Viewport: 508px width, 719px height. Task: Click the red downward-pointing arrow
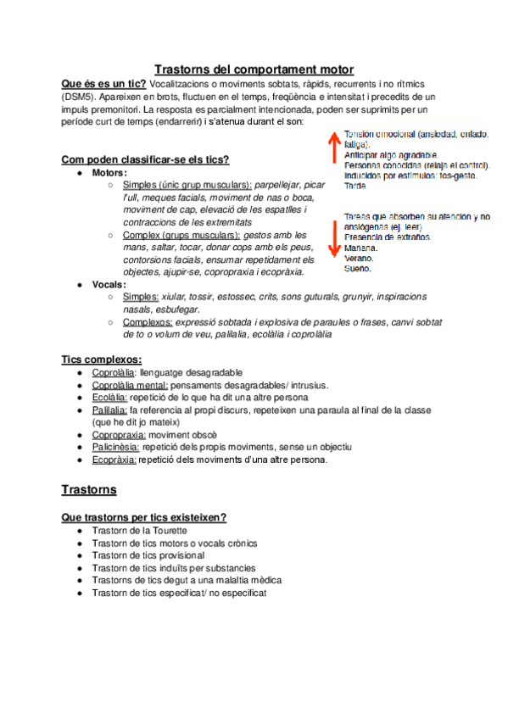coord(334,242)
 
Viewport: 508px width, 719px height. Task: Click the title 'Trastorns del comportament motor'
coord(254,70)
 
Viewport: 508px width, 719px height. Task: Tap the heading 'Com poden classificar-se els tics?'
coord(146,160)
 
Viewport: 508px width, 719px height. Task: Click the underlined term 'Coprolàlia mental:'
coord(130,385)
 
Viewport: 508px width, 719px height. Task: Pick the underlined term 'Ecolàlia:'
coord(110,397)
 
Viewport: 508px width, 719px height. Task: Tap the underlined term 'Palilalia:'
coord(110,410)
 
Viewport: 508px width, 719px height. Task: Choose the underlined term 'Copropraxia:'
coord(119,434)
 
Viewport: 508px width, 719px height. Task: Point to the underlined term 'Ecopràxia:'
coord(114,460)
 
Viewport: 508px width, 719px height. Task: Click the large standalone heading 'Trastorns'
coord(89,490)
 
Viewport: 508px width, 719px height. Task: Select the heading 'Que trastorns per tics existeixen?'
coord(143,517)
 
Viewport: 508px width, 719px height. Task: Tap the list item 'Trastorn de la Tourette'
coord(140,530)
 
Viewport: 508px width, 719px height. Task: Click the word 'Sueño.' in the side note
coord(358,269)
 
